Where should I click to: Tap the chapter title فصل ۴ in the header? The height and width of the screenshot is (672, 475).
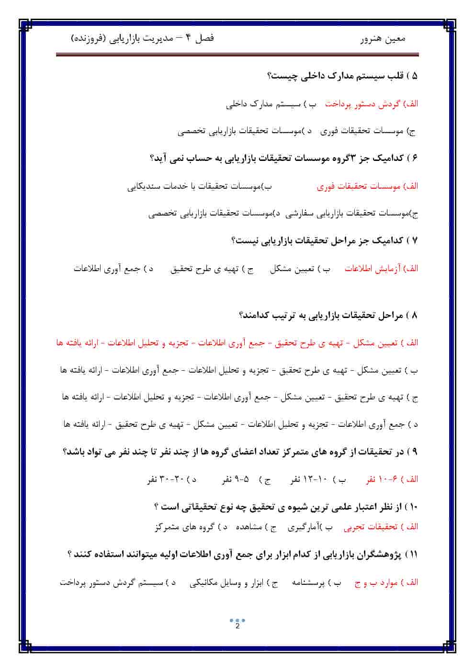(x=200, y=38)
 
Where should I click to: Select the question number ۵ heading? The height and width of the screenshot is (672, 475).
(x=415, y=76)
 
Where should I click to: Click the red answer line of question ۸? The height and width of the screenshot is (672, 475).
(x=237, y=343)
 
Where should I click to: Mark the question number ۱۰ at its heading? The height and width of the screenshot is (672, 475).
(x=414, y=506)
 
